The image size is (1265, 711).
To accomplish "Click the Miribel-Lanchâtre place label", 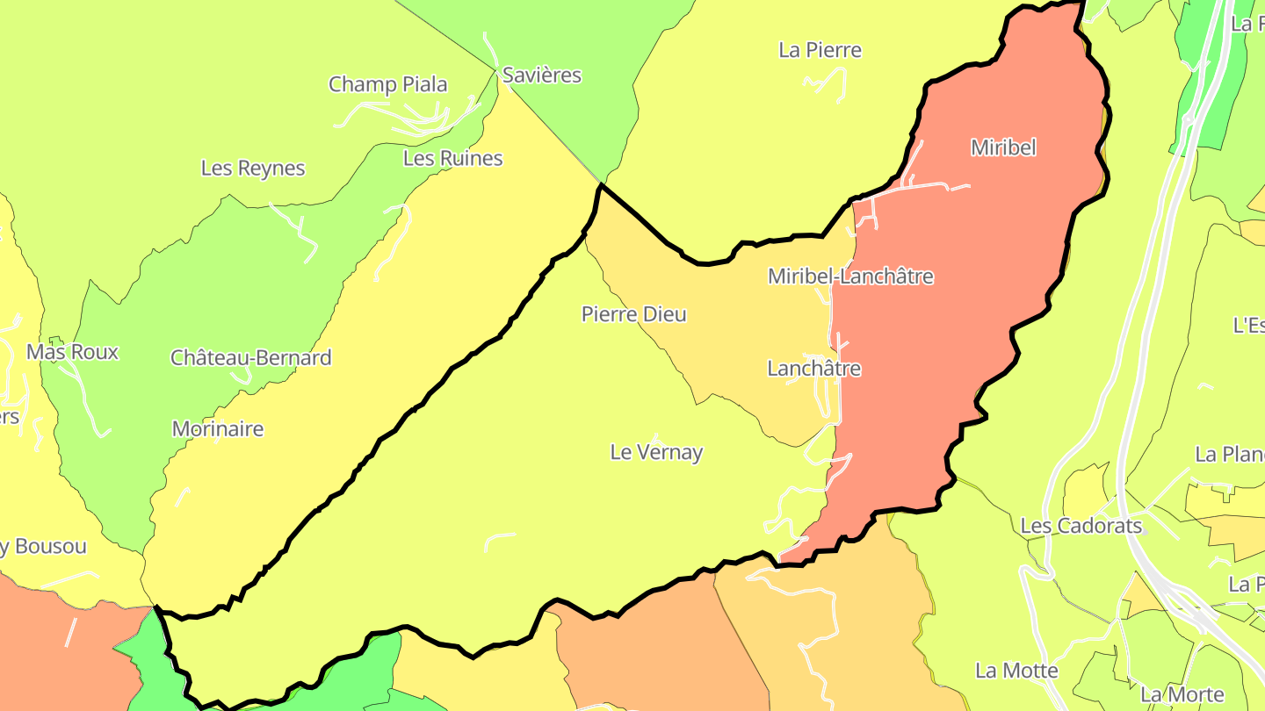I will (x=849, y=276).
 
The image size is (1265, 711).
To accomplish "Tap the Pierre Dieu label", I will (x=633, y=314).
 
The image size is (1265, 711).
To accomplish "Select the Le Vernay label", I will (x=656, y=453).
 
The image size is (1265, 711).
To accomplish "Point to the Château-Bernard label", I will (x=251, y=358).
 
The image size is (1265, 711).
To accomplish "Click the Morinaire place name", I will (x=218, y=429).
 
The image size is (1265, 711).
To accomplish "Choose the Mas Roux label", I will (x=72, y=352).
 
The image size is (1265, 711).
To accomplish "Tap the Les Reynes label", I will (x=253, y=169).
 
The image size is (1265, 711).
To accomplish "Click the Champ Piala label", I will (x=388, y=85).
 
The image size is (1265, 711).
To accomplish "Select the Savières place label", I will (x=542, y=75).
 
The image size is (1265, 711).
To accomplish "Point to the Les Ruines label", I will (x=453, y=159).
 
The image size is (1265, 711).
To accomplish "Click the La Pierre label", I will (x=820, y=50).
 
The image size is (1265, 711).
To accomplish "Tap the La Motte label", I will (x=1016, y=671).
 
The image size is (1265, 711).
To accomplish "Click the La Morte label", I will (x=1177, y=694).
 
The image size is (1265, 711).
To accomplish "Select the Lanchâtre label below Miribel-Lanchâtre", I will (x=813, y=369).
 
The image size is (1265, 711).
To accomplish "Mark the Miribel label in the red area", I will (x=1003, y=147).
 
